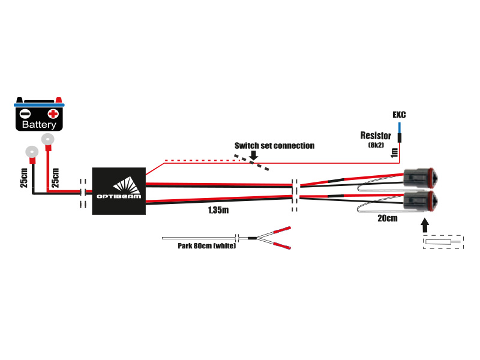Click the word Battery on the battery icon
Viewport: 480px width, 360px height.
tap(39, 125)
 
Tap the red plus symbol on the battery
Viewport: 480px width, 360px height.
tap(53, 113)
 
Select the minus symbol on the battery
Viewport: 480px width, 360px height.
tap(25, 113)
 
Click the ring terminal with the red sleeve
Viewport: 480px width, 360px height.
tap(47, 140)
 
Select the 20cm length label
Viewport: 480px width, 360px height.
tap(387, 218)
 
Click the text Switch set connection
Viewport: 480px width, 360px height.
tap(274, 146)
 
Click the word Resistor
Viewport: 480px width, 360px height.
tap(376, 136)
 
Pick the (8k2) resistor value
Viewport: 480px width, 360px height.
tap(376, 145)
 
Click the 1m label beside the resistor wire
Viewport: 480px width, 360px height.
tap(394, 152)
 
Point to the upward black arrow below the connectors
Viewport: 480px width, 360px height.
tap(425, 226)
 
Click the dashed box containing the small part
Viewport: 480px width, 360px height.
tap(443, 242)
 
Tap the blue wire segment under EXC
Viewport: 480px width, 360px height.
tap(398, 127)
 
